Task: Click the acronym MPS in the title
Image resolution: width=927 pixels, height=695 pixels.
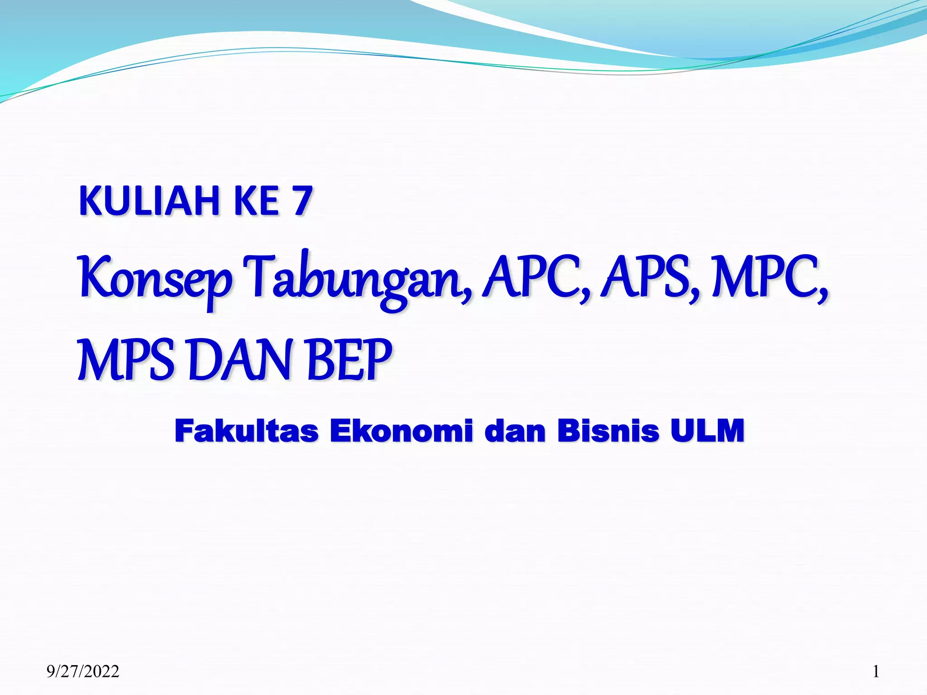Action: coord(126,359)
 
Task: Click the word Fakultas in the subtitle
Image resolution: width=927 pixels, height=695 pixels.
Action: coord(246,431)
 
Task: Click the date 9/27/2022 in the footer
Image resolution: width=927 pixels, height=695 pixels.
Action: coord(83,671)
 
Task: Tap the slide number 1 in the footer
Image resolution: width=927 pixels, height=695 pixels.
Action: coord(876,671)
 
